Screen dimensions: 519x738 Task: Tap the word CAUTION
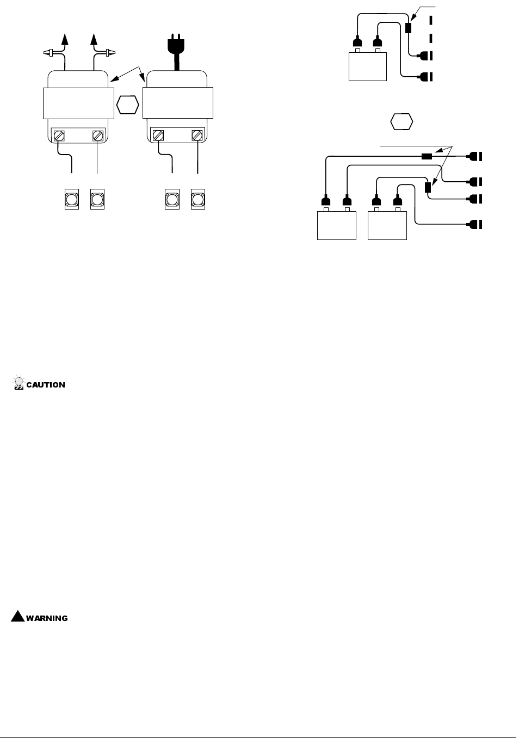[46, 385]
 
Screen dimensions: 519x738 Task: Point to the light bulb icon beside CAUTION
[18, 383]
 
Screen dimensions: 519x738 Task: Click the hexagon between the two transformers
[128, 104]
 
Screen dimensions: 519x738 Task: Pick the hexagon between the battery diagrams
[401, 121]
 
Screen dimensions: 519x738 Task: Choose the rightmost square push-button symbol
[198, 200]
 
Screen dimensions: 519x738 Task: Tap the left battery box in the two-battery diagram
[336, 225]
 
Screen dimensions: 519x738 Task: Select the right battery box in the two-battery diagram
[387, 225]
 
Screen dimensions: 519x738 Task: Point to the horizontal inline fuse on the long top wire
[427, 157]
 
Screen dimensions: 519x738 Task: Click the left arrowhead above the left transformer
[65, 39]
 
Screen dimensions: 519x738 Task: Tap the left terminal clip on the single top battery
[357, 42]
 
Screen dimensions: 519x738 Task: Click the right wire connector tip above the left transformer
[111, 53]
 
